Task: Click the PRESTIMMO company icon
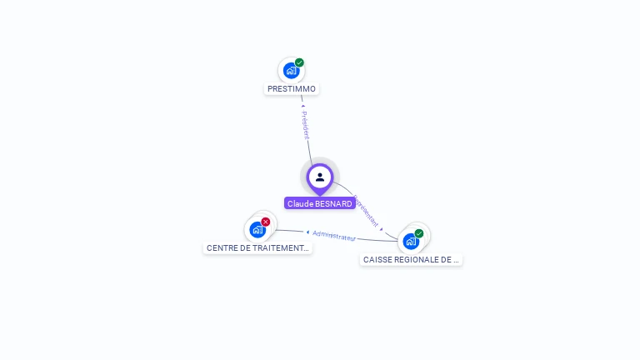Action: pyautogui.click(x=291, y=70)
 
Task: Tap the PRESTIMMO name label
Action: pyautogui.click(x=292, y=89)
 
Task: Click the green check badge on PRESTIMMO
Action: pyautogui.click(x=299, y=62)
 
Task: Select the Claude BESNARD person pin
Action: pyautogui.click(x=320, y=177)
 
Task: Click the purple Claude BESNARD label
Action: pyautogui.click(x=320, y=203)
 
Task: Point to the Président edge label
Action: pyautogui.click(x=306, y=125)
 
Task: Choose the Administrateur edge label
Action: pyautogui.click(x=334, y=236)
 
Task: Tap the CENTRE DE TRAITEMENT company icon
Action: pyautogui.click(x=257, y=229)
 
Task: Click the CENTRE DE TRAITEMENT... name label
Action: pyautogui.click(x=257, y=248)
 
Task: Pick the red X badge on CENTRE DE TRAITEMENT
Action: pyautogui.click(x=266, y=222)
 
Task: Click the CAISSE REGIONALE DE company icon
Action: pyautogui.click(x=411, y=241)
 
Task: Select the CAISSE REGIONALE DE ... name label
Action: pyautogui.click(x=411, y=260)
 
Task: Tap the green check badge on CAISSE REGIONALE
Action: pyautogui.click(x=419, y=233)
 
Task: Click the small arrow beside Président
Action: pyautogui.click(x=302, y=107)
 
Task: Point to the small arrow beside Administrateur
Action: pyautogui.click(x=307, y=232)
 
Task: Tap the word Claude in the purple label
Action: pyautogui.click(x=299, y=203)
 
